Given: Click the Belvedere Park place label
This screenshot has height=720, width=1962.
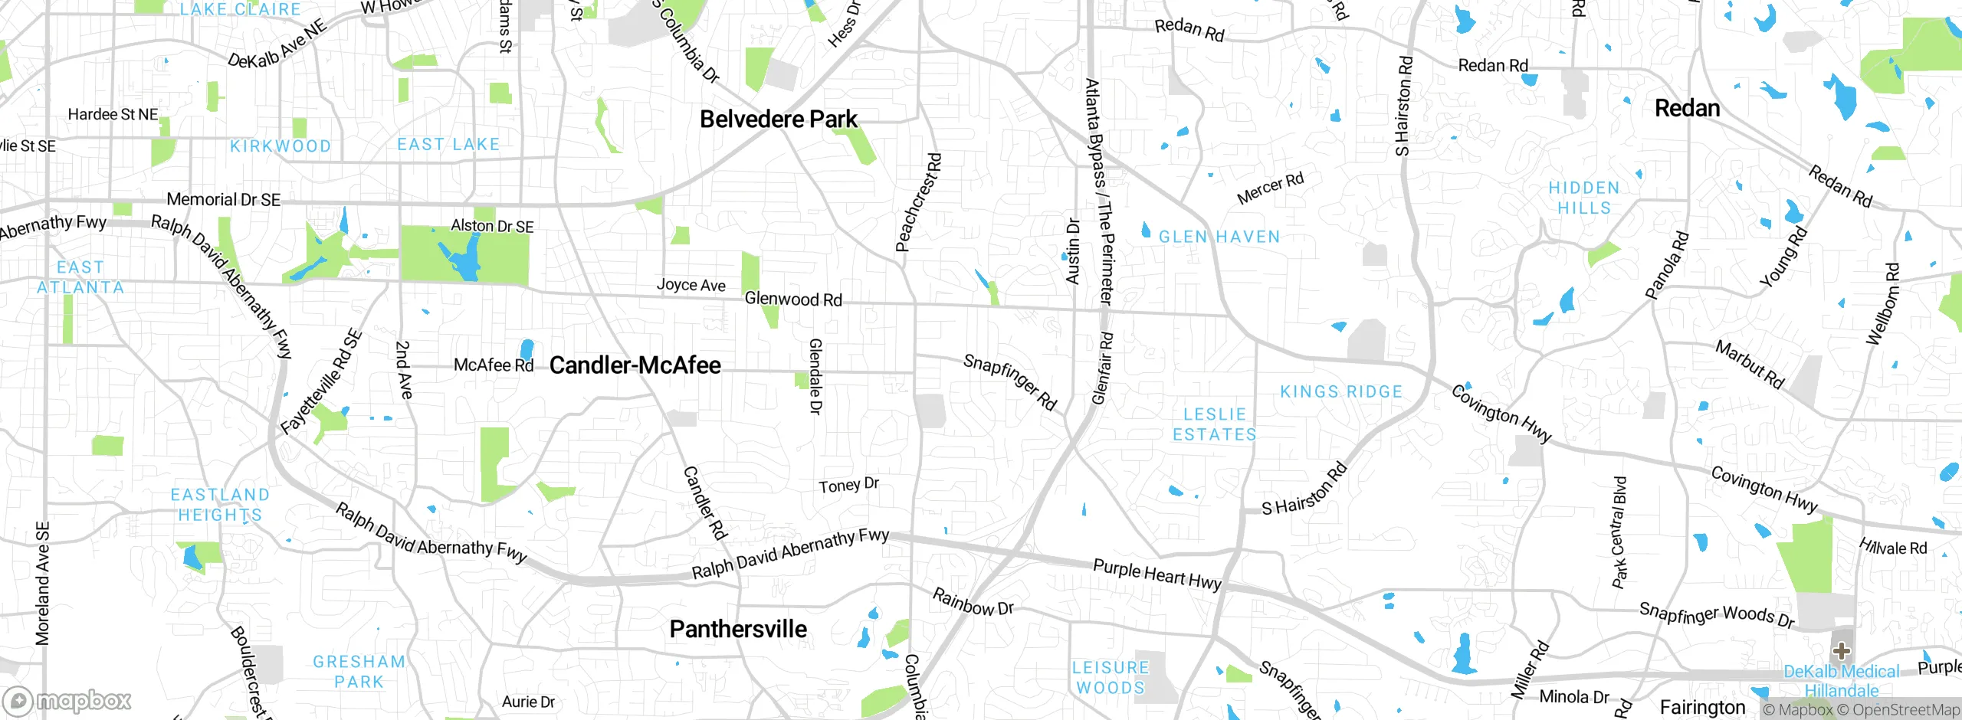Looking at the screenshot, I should point(778,119).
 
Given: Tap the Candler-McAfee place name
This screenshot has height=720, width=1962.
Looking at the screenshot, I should point(635,365).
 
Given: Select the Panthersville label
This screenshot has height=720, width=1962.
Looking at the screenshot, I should point(737,629).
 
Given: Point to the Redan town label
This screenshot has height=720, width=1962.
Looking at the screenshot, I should point(1687,108).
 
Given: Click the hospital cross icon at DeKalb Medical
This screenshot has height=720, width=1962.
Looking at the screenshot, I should point(1841,652).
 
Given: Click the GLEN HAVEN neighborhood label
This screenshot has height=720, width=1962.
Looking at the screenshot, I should point(1219,237).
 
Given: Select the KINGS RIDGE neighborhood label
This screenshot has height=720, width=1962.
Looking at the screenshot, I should point(1340,392).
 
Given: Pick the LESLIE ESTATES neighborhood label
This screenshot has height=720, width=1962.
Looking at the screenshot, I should point(1214,424).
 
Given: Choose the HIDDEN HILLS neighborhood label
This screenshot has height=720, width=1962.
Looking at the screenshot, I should point(1583,198).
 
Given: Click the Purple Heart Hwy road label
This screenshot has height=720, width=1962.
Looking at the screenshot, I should point(1157,574).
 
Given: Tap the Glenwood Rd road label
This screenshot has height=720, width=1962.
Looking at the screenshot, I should point(793,299).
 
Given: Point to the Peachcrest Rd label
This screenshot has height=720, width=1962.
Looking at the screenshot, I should point(918,202).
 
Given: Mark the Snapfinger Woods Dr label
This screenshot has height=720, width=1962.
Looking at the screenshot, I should point(1716,614).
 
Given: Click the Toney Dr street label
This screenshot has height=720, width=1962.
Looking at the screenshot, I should point(848,485).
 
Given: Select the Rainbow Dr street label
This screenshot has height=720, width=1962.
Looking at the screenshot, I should point(973,602).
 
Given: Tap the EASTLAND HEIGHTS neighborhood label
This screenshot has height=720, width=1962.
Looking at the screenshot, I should point(220,505).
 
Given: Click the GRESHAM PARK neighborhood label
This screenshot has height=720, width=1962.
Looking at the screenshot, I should point(359,671).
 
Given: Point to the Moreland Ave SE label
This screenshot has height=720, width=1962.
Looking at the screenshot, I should point(43,583).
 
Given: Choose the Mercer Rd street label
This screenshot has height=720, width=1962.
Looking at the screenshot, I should point(1270,188).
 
